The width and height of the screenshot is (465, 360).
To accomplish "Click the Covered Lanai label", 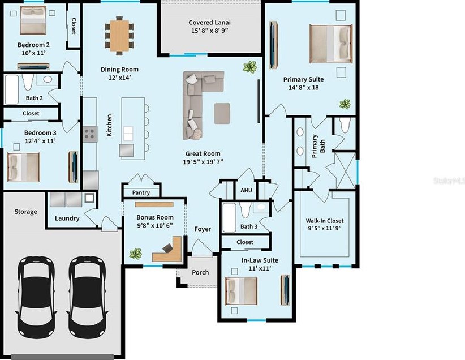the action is coord(209,22).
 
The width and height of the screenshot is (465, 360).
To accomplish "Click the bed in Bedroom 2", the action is coord(33,20).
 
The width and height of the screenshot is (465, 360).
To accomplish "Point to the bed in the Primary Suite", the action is coord(331,44).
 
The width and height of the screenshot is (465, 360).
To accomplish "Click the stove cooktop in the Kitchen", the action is coord(90,134).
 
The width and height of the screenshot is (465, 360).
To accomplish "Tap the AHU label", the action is coord(246,190).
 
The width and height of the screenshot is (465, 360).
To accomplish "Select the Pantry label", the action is coord(141,192).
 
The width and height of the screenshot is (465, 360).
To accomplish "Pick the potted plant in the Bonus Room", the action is coord(136,254).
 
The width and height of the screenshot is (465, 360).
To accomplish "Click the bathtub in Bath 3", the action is coord(229,217).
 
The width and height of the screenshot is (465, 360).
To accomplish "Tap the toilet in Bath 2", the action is coord(28,82).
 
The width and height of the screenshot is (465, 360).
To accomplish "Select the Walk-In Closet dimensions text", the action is coord(325,228).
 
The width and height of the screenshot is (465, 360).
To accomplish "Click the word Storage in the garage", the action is coord(26,212).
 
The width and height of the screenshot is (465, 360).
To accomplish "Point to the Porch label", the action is coord(200,272).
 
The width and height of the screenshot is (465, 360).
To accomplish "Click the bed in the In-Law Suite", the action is coord(241,291).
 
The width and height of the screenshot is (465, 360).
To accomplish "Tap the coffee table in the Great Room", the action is coord(222,113).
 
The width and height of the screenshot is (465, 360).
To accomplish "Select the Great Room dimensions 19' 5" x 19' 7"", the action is coord(203,162).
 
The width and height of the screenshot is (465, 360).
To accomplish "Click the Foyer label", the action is coord(203,229).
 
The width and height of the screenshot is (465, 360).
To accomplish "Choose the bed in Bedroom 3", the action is coord(23,167).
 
